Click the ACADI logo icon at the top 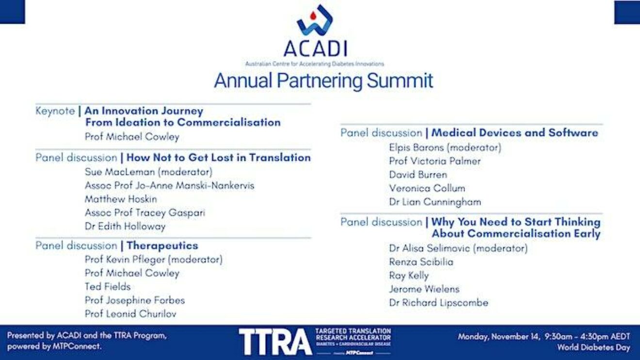pos(315,20)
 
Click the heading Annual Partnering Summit pos(323,81)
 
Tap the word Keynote pos(55,111)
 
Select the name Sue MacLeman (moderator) pos(149,172)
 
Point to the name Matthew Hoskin pos(121,199)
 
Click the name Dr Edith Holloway pos(125,226)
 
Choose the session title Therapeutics pos(162,246)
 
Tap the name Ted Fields pos(108,287)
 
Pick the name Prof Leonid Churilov pos(130,314)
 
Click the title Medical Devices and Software pos(514,133)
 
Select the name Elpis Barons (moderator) pos(445,148)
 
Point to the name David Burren pos(418,175)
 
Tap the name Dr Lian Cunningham pos(435,202)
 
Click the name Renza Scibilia pos(421,262)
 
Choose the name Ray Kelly pos(409,276)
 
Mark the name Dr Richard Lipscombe pos(439,303)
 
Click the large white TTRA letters pos(275,342)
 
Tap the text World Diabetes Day pos(594,347)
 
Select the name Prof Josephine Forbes pos(135,300)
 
